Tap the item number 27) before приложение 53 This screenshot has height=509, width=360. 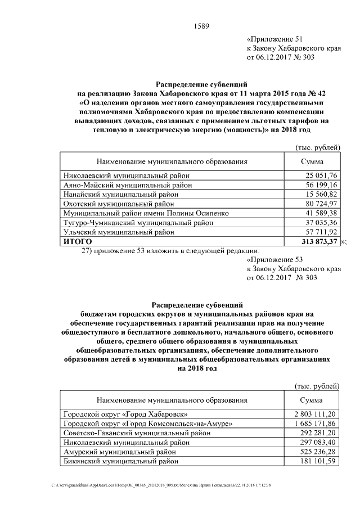click(88, 250)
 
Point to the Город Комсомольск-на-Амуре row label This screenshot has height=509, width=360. click(148, 423)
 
